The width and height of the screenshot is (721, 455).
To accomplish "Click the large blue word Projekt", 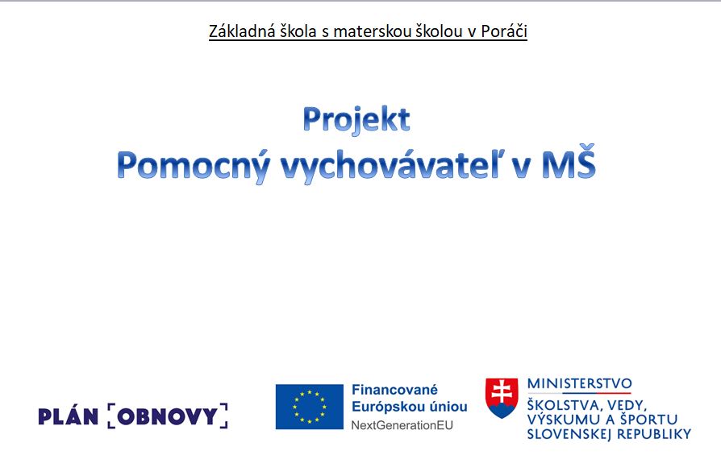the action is [x=356, y=120].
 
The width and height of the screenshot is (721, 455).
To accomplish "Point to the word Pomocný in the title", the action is [x=194, y=166].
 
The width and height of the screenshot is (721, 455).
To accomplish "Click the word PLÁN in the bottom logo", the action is [x=68, y=416].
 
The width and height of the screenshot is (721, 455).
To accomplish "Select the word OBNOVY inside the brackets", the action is [x=168, y=416].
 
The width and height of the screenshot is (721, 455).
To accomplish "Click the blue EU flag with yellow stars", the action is [x=310, y=407].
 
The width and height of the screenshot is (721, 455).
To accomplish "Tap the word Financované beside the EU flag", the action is [x=394, y=390].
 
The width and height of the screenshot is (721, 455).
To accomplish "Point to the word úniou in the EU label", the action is [x=448, y=407].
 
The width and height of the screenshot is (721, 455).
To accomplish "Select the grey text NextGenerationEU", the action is [x=402, y=426].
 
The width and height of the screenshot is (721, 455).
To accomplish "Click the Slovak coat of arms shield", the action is [x=502, y=398].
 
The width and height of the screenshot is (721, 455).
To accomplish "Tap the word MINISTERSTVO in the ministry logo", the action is [x=579, y=384].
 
